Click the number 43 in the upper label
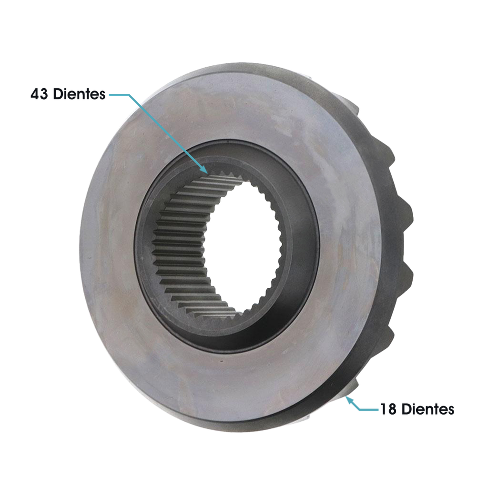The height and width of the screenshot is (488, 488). coord(39,94)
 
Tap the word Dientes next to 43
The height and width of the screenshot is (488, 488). coord(79,94)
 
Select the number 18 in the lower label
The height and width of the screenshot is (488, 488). coord(388,409)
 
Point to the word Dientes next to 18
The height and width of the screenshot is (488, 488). coord(427,409)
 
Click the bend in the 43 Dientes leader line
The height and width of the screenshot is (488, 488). coord(129,95)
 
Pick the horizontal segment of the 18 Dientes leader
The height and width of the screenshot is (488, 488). coord(369,409)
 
